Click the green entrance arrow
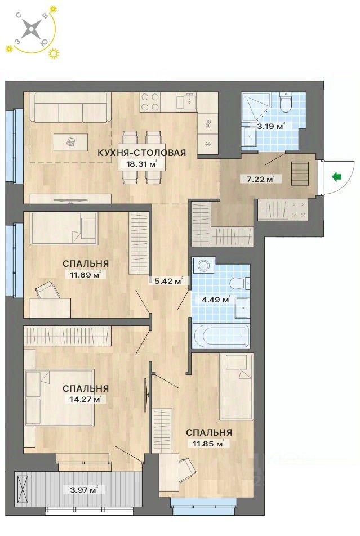coord(337,177)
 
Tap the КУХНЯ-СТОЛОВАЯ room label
coord(141,153)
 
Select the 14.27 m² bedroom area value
coord(85,400)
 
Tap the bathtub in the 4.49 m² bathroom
coord(220,336)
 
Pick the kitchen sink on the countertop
coord(186,102)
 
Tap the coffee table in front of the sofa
coord(70,142)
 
